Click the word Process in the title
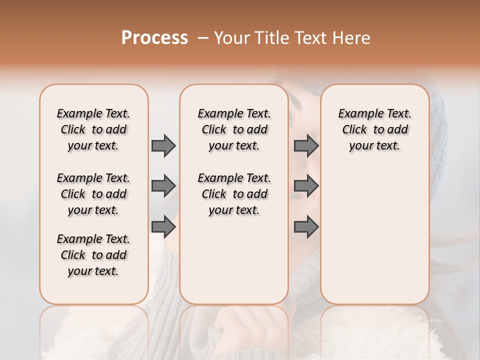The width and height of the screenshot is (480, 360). pos(154,38)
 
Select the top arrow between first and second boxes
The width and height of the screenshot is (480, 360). pos(163,145)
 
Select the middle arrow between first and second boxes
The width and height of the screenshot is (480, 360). pos(163,186)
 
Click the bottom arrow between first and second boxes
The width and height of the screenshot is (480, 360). pos(163,226)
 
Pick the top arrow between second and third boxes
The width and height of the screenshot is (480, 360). pos(306,145)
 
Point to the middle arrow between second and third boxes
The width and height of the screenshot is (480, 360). pos(306,186)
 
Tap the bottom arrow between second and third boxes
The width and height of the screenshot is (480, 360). pos(306,227)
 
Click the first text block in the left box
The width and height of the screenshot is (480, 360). pos(93,129)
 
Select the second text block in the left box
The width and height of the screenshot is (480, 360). pos(93,194)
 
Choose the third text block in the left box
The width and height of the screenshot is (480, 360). pos(93,255)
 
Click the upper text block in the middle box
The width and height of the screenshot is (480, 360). pos(234,129)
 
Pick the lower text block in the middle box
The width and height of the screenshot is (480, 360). pos(234,194)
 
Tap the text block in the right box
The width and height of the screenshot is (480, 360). pos(374,129)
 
